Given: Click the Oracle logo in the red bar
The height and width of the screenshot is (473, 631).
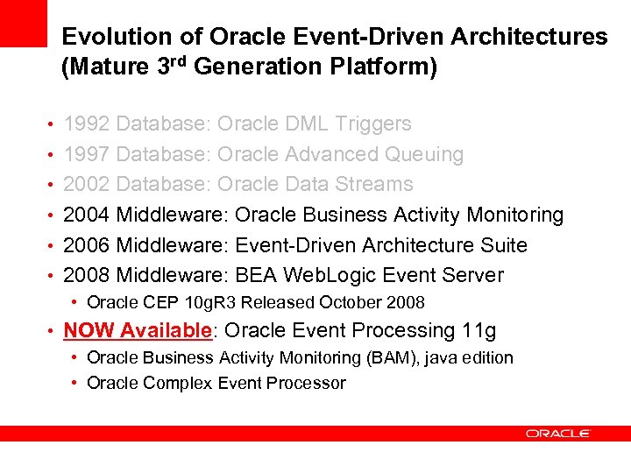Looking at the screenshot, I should [x=558, y=433].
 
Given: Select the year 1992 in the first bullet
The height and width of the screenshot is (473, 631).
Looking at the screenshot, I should [x=87, y=124].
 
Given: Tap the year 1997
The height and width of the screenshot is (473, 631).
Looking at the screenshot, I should [x=87, y=154].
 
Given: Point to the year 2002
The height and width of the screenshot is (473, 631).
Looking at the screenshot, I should [x=87, y=184].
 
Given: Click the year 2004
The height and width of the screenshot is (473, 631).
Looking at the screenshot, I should [x=87, y=215].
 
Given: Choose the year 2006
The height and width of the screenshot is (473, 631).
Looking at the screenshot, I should [x=87, y=245].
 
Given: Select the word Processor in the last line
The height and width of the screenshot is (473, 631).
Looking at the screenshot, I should [x=307, y=383].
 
